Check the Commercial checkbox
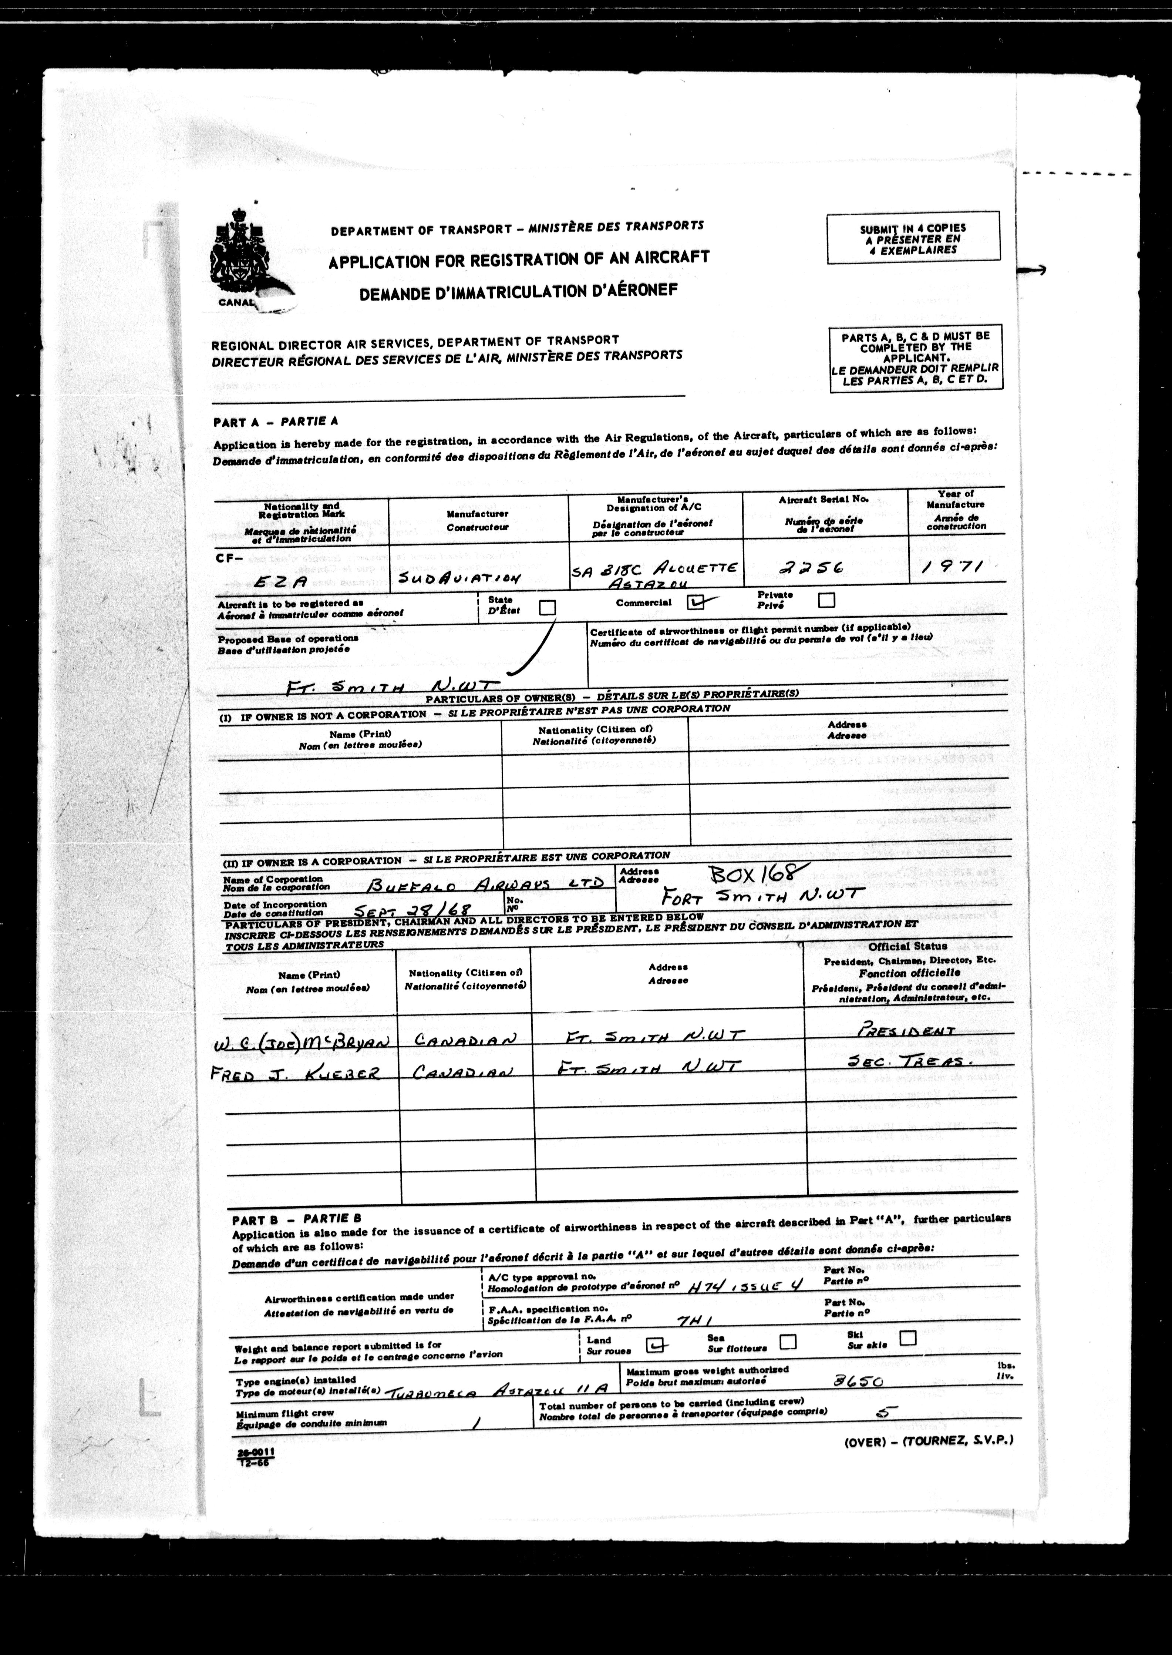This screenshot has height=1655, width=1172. [x=695, y=602]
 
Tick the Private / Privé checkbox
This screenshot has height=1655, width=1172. [x=826, y=600]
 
